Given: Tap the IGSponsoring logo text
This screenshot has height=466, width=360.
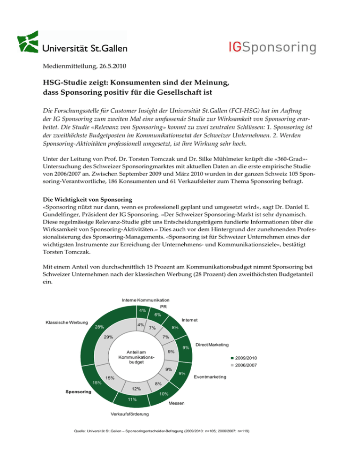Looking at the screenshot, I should (x=268, y=47).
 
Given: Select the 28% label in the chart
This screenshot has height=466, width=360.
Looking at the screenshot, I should (x=99, y=327).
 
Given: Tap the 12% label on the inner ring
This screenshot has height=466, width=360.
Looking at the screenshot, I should (x=136, y=389).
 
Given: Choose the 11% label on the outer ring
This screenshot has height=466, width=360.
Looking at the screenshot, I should (x=132, y=399).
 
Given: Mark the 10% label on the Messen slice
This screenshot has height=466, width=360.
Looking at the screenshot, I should (x=164, y=395).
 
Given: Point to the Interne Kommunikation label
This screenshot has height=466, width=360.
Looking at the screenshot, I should (x=145, y=300).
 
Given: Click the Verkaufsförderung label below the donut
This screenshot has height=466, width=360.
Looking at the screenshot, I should (x=130, y=414).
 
